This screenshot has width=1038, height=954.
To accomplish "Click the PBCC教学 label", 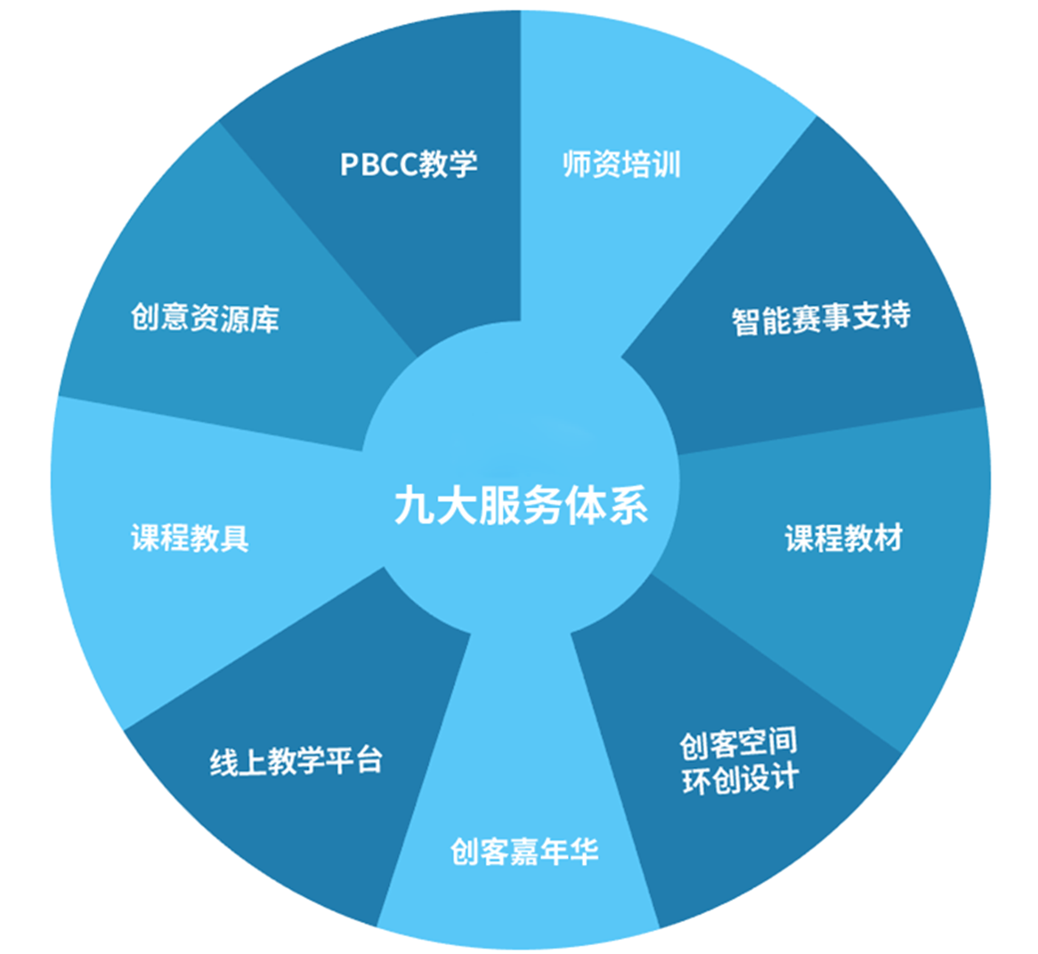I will click(x=409, y=165).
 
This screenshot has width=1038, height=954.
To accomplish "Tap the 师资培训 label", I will click(x=621, y=165).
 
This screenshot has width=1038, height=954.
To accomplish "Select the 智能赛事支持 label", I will click(x=821, y=318).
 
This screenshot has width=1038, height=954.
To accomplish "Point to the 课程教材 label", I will click(x=843, y=538).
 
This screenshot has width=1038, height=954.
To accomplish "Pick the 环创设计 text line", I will click(x=740, y=780).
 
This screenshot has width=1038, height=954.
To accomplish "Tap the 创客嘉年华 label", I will click(x=523, y=852).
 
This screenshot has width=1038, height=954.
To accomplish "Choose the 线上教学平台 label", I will click(x=296, y=762).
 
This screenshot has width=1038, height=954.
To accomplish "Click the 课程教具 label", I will click(x=190, y=538).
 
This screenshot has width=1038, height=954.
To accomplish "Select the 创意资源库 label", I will click(x=205, y=318).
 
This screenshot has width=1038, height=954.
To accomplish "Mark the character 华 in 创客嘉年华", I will click(x=583, y=852).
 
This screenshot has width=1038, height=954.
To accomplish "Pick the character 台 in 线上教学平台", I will click(x=368, y=761).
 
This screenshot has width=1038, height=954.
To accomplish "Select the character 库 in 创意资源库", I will click(x=264, y=318).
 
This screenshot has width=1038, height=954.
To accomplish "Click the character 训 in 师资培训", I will click(x=666, y=165).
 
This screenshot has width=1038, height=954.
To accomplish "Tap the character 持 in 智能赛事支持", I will click(x=895, y=315).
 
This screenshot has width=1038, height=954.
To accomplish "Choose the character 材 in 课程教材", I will click(x=888, y=538).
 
